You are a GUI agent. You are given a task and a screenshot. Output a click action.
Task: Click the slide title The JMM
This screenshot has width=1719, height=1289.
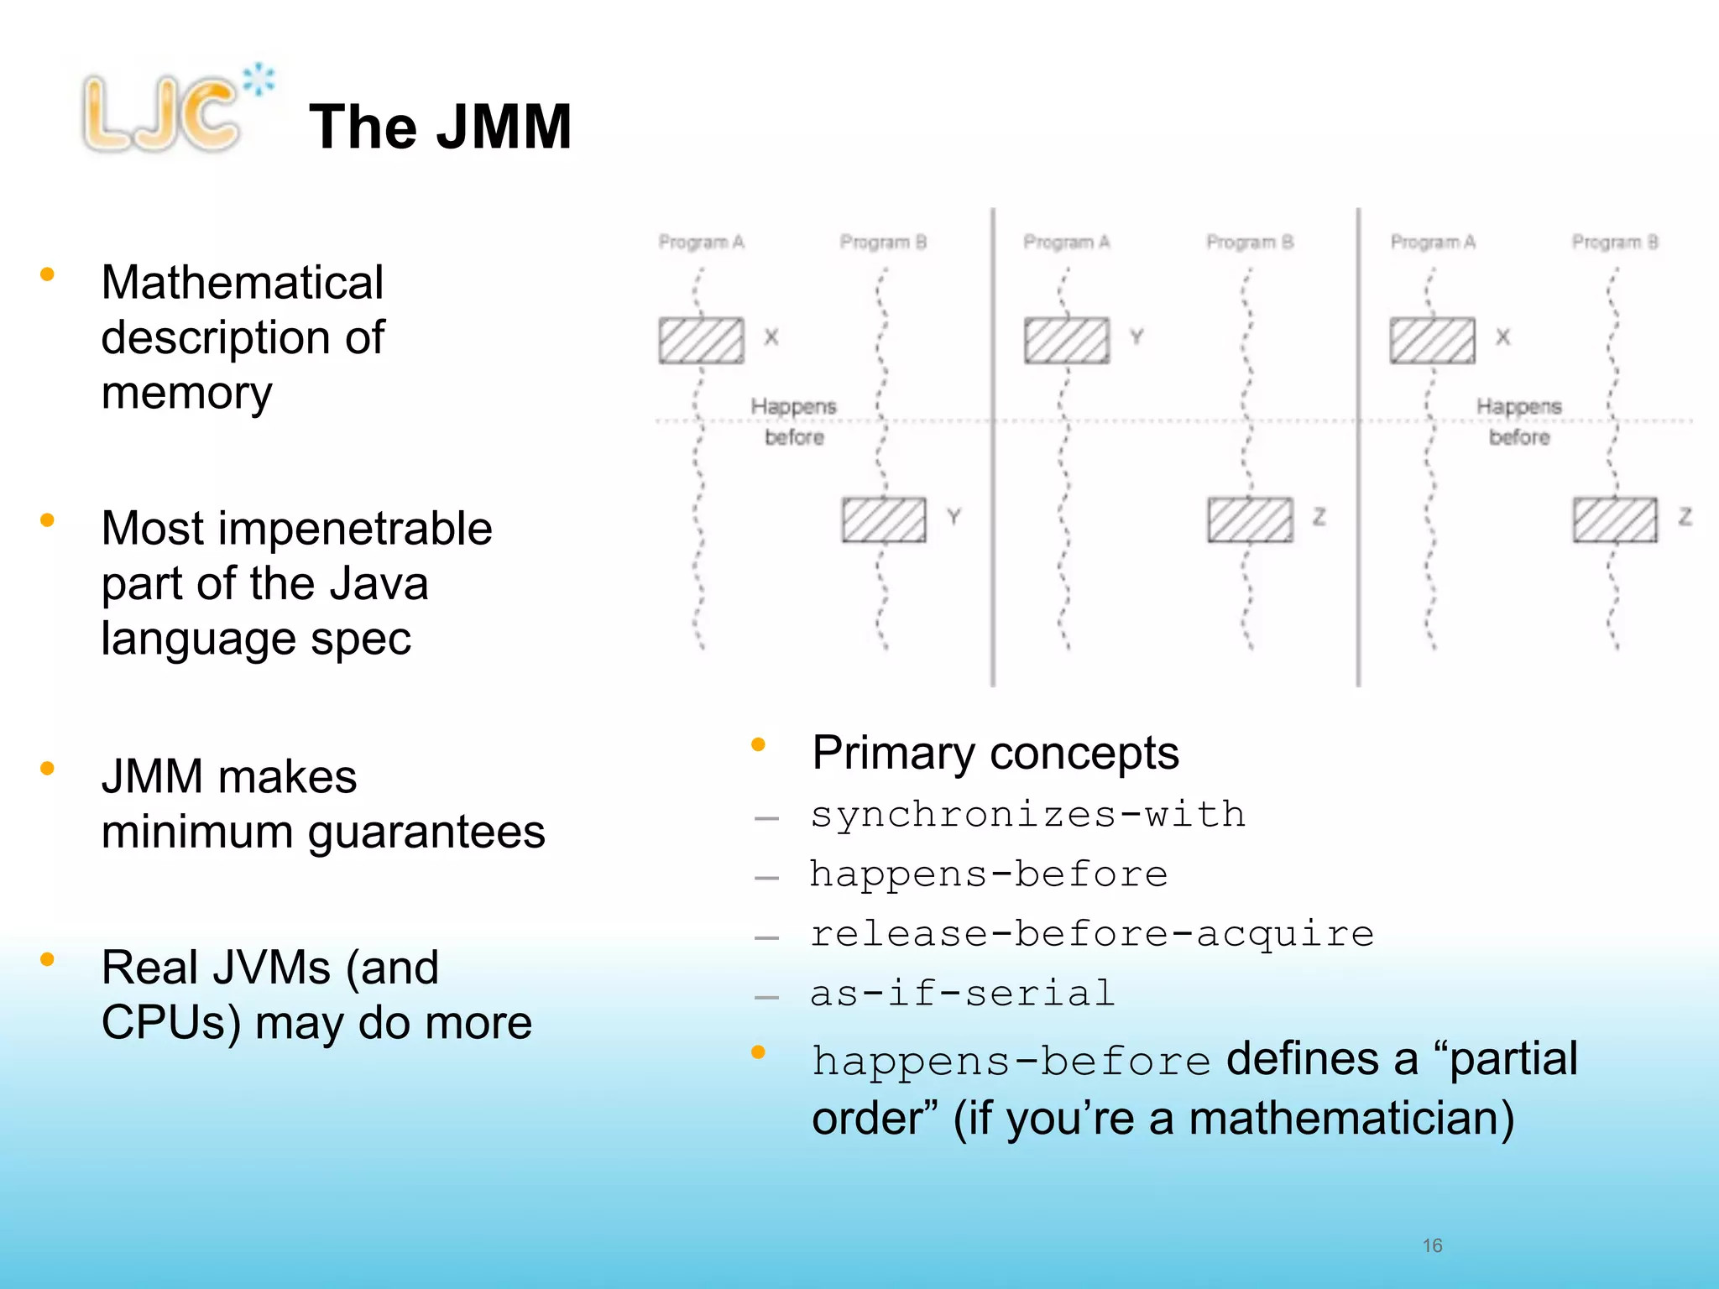pyautogui.click(x=440, y=127)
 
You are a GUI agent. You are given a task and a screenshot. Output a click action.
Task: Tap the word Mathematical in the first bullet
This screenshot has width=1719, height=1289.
pyautogui.click(x=242, y=282)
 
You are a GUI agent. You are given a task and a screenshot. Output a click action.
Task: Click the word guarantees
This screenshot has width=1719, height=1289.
pyautogui.click(x=426, y=832)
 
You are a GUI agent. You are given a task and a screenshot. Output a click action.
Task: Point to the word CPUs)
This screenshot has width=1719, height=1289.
pyautogui.click(x=171, y=1023)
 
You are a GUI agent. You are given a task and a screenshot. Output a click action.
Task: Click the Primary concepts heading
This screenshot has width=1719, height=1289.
pyautogui.click(x=995, y=753)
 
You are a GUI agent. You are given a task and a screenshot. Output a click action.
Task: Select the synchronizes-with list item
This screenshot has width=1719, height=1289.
pyautogui.click(x=1027, y=814)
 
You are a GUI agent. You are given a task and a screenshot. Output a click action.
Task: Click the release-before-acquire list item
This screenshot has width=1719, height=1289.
pyautogui.click(x=1091, y=933)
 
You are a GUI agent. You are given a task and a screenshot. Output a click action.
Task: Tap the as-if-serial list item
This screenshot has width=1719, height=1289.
pyautogui.click(x=962, y=993)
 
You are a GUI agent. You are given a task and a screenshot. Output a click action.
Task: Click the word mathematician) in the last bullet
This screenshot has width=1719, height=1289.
pyautogui.click(x=1351, y=1119)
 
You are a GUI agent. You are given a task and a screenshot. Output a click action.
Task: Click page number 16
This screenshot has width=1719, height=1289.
pyautogui.click(x=1432, y=1245)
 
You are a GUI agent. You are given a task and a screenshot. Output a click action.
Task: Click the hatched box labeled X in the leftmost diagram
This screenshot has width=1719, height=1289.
pyautogui.click(x=701, y=340)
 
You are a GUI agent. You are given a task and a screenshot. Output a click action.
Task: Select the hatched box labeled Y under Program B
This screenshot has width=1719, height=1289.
pyautogui.click(x=884, y=519)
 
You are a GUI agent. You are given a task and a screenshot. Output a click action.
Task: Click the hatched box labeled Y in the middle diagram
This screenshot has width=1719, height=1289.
pyautogui.click(x=1066, y=340)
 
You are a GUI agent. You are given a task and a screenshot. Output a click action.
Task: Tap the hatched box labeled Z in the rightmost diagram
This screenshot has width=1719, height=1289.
pyautogui.click(x=1615, y=519)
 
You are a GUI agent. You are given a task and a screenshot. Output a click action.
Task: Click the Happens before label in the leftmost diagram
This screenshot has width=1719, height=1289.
pyautogui.click(x=793, y=421)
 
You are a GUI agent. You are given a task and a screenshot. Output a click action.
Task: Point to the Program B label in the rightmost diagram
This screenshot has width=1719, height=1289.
pyautogui.click(x=1614, y=242)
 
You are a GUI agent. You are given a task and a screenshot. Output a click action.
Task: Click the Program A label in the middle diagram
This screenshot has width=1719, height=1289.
pyautogui.click(x=1066, y=242)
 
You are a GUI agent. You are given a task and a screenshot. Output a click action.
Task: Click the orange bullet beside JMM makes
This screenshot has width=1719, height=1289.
pyautogui.click(x=48, y=769)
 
